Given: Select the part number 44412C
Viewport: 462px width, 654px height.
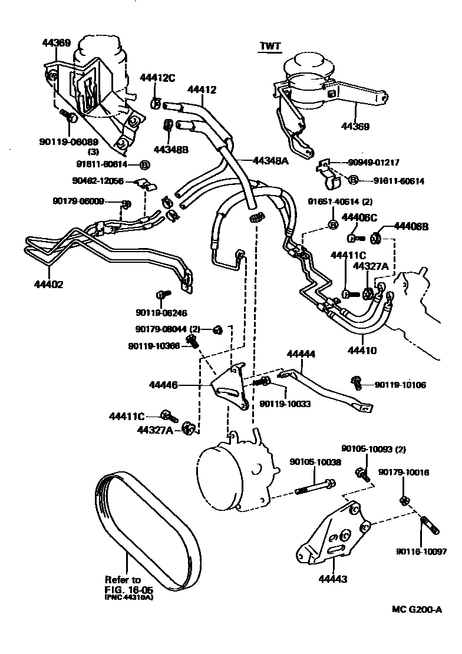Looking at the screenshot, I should [x=157, y=77].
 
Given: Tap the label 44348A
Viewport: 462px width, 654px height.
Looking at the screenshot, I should [x=270, y=160].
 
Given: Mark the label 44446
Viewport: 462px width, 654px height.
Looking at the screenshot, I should [x=163, y=385].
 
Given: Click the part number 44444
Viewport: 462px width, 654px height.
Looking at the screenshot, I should [x=301, y=355].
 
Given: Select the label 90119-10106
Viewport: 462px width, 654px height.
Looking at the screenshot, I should [x=400, y=385].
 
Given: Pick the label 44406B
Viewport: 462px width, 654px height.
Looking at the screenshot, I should [x=411, y=226].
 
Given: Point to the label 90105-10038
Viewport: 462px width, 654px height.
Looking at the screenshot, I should [x=315, y=463].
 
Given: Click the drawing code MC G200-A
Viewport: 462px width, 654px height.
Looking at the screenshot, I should [x=417, y=610].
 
